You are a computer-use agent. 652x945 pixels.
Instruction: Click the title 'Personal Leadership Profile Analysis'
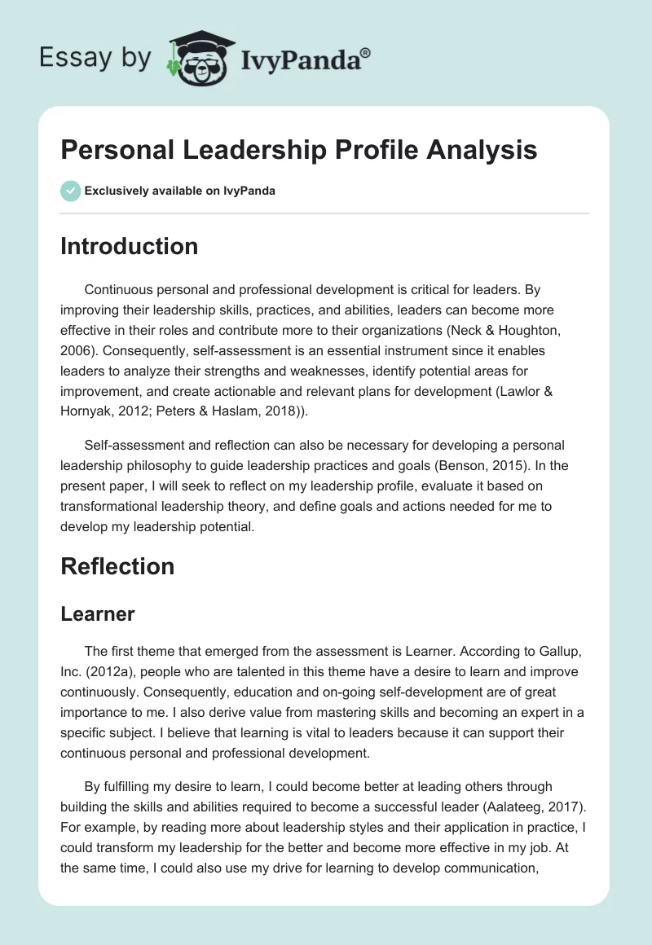[298, 150]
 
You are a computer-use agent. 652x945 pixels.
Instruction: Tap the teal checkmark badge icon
[71, 191]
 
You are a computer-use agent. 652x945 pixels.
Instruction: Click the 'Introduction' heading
[129, 246]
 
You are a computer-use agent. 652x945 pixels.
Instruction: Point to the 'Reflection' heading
[117, 567]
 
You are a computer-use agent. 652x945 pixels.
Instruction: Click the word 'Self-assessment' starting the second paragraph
[130, 446]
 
